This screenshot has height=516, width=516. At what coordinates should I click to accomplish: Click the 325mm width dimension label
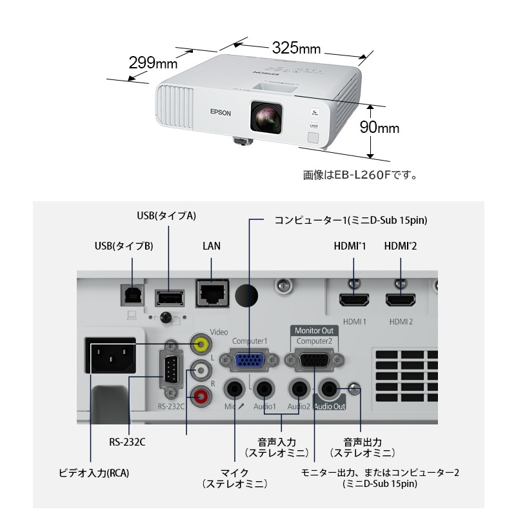pos(296,49)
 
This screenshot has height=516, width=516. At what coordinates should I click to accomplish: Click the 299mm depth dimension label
pos(153,63)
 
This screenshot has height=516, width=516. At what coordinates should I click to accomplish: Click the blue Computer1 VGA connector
pos(248,360)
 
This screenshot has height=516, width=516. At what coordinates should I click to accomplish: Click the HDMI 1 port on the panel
pos(354,300)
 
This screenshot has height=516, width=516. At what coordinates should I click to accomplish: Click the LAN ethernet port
pos(212,294)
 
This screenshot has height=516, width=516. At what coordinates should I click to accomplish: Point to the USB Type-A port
pos(169,297)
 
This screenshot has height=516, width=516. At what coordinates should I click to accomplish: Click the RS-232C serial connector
pos(170,373)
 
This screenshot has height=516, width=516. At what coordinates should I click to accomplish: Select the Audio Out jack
pos(330,389)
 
